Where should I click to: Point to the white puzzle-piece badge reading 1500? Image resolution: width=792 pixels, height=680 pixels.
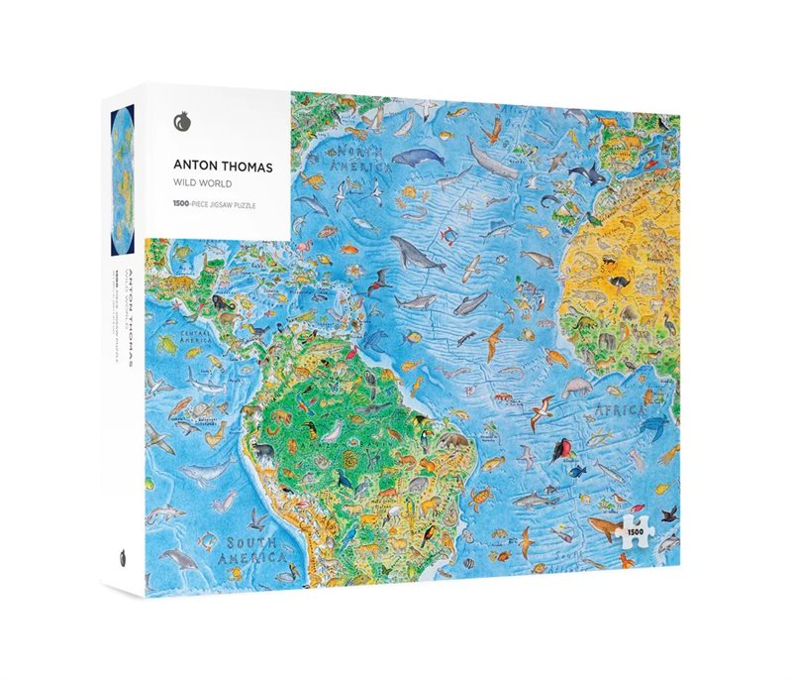pos(634,535)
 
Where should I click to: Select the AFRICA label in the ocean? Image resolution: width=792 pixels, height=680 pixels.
pos(621,408)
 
